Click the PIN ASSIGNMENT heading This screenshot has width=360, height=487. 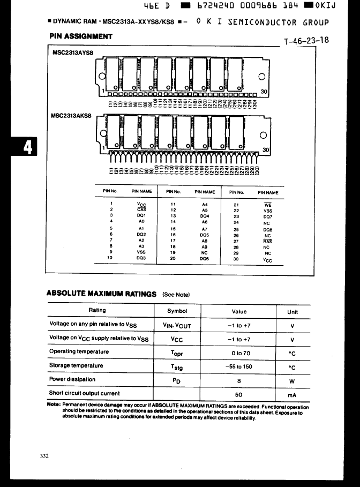coord(81,36)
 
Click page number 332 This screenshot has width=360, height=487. coord(44,456)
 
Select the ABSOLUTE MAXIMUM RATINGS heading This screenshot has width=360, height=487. coord(101,294)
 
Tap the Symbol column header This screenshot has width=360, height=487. coord(177,311)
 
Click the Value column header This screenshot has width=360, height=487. coord(239,311)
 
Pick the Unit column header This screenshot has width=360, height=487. coord(292,311)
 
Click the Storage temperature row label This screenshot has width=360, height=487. coord(76,365)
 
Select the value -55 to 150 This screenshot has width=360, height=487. coord(239,366)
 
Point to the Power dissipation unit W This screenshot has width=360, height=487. coord(292,381)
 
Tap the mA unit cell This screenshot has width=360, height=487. coord(292,395)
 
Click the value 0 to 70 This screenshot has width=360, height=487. coord(239,353)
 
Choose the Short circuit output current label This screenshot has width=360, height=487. coord(84,393)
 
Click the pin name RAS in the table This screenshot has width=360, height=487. coord(268,242)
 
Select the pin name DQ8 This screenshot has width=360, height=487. coord(268,229)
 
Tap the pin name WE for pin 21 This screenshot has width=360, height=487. coord(268,204)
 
